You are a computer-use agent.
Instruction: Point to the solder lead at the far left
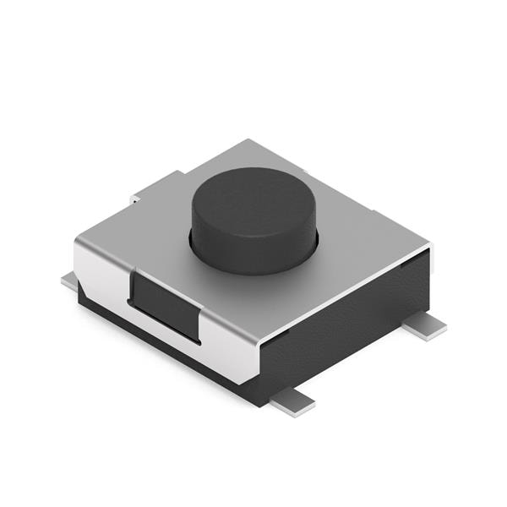point(69,281)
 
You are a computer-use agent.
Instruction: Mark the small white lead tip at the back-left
point(134,199)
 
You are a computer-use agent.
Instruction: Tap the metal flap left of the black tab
point(101,270)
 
